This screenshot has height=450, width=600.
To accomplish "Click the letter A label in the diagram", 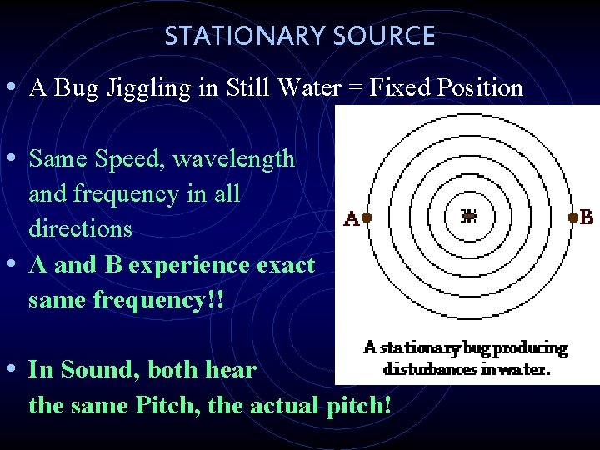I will coord(351,220).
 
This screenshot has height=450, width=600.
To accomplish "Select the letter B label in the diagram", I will coord(586,217).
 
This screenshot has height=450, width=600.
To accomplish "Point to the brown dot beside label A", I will coord(367,217).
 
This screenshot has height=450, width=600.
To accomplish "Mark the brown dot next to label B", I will coord(572,217).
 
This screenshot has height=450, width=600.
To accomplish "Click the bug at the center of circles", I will coord(469,217).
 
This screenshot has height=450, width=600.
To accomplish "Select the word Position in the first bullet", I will coord(478,88).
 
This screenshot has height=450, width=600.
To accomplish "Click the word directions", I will coord(80,228).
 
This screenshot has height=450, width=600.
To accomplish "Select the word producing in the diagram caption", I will coord(530,348).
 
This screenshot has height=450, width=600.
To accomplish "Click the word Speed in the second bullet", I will coord(132,158).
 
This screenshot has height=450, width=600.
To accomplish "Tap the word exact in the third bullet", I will coord(282,265).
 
